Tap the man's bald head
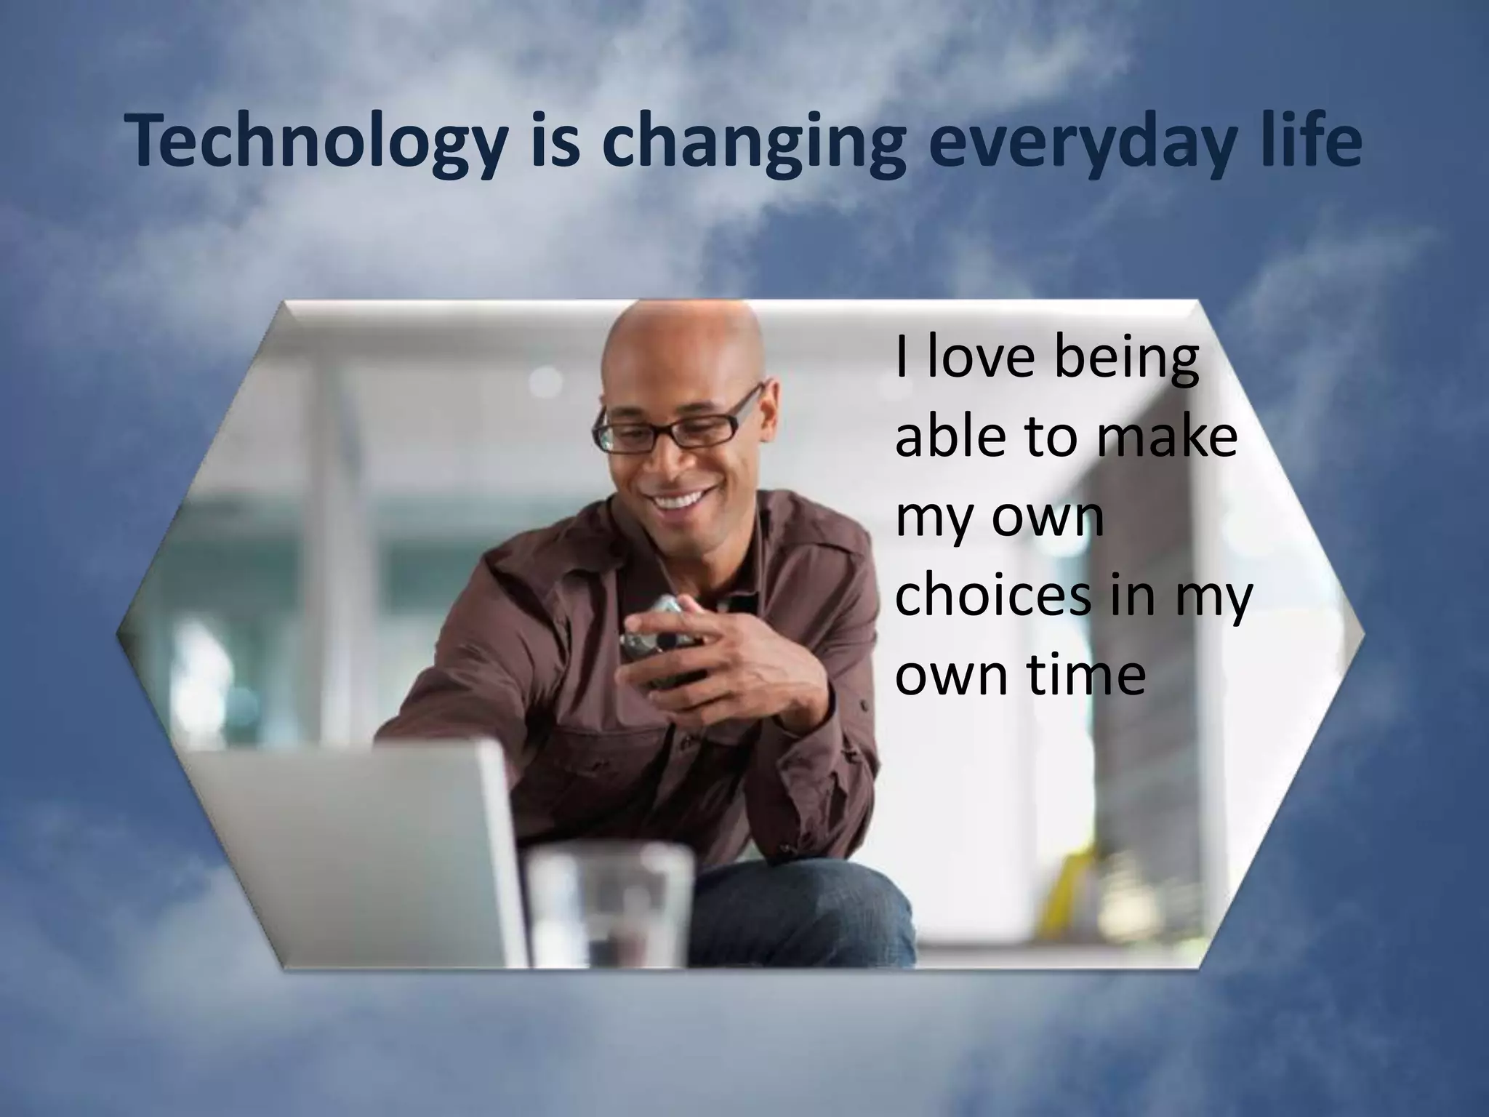tap(683, 342)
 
